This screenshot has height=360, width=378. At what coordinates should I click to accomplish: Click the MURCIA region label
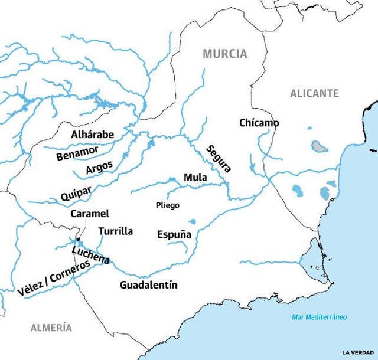point(224,54)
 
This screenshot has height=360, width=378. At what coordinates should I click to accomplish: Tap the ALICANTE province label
point(314,93)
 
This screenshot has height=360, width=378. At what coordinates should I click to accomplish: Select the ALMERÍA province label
point(52,328)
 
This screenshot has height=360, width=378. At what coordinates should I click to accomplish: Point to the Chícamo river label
point(259,123)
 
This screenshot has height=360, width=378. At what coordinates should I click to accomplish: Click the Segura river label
point(219,158)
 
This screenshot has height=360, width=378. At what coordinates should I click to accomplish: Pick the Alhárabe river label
point(92,135)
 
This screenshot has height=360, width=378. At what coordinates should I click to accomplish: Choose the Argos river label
point(99,168)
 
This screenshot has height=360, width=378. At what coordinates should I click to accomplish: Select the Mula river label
point(195,177)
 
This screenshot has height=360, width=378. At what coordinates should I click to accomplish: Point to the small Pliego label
point(167,205)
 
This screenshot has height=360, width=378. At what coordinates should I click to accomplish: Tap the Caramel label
point(90,214)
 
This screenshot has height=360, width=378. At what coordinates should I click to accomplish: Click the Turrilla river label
point(116,231)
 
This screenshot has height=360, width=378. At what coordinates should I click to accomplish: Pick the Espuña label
point(174,234)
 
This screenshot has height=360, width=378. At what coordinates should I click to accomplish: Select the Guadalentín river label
point(148,285)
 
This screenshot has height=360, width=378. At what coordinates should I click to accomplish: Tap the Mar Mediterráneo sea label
point(319,317)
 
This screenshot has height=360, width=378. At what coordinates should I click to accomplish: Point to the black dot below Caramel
point(77,239)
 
